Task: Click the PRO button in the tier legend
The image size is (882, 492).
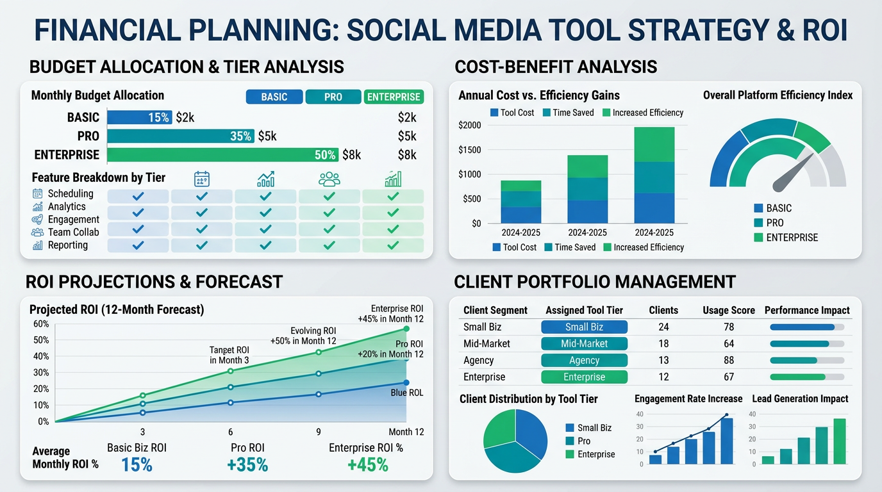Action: click(x=333, y=97)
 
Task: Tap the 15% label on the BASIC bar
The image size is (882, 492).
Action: click(x=158, y=117)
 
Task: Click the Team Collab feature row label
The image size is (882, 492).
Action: click(x=73, y=232)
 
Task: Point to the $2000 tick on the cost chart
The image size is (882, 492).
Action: click(x=470, y=125)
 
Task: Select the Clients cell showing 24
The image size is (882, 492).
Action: click(x=663, y=327)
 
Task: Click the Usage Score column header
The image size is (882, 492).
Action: click(x=729, y=310)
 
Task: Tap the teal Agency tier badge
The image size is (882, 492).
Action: click(x=584, y=360)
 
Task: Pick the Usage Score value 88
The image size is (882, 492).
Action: click(x=728, y=360)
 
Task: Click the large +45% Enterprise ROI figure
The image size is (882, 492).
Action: click(x=367, y=464)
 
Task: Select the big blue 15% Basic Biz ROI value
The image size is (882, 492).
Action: click(x=137, y=464)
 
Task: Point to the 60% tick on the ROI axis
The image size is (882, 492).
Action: click(x=40, y=324)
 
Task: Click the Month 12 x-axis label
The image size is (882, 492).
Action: click(x=406, y=432)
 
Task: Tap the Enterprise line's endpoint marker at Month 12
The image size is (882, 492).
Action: click(x=406, y=329)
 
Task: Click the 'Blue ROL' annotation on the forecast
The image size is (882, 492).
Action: click(x=406, y=393)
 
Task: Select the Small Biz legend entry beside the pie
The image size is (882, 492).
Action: click(x=594, y=428)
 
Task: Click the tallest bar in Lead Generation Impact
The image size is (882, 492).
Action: click(x=839, y=441)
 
